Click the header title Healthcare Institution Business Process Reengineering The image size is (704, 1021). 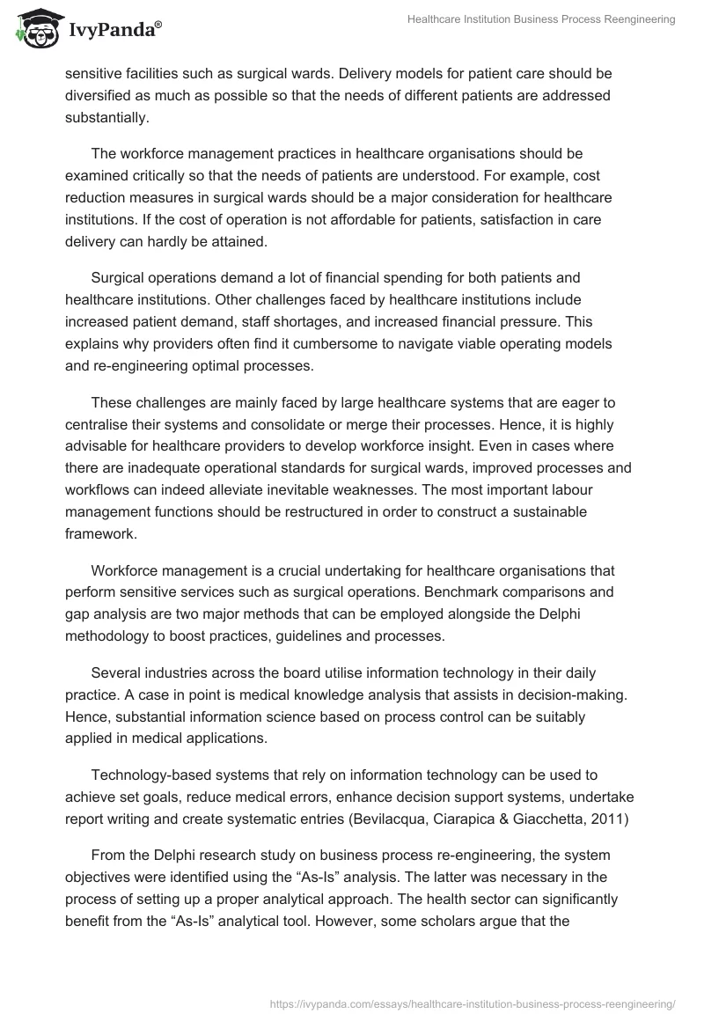pos(541,19)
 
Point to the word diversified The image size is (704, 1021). pos(99,95)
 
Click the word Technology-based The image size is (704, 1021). pos(147,775)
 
